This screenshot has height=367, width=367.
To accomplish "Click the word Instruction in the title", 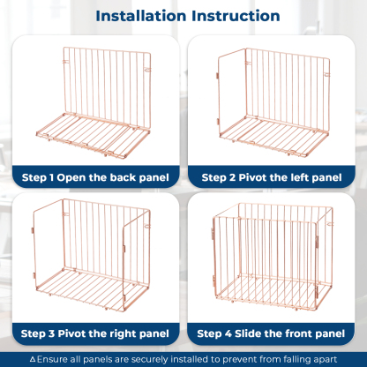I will click(x=237, y=16).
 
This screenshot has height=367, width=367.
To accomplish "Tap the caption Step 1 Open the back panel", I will click(x=94, y=177).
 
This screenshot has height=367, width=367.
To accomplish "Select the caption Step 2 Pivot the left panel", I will click(x=273, y=177).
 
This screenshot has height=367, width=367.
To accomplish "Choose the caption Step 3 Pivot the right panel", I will click(x=94, y=333).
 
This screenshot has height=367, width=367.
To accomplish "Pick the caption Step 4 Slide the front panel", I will click(x=273, y=333).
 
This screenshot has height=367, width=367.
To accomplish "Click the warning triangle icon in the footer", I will click(x=34, y=359).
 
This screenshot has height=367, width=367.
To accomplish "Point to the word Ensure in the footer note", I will click(x=51, y=359).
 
